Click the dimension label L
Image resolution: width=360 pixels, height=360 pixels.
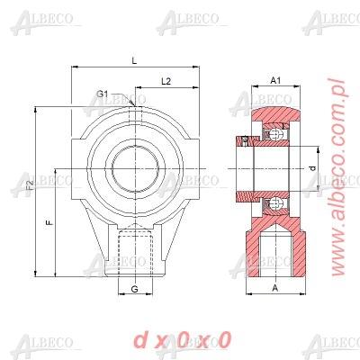(x=133, y=60)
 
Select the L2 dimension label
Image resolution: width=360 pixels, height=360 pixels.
(x=166, y=81)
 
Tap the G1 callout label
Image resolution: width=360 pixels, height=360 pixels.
(x=103, y=94)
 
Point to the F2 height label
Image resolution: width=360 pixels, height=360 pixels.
(x=29, y=185)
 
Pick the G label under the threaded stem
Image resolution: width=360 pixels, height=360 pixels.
(x=134, y=290)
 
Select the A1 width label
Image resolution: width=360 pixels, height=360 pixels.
(x=276, y=81)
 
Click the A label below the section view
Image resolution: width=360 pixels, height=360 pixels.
(x=274, y=291)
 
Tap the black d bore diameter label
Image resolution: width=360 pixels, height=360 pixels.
(x=311, y=168)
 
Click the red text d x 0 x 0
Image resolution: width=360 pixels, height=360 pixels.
(x=181, y=339)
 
